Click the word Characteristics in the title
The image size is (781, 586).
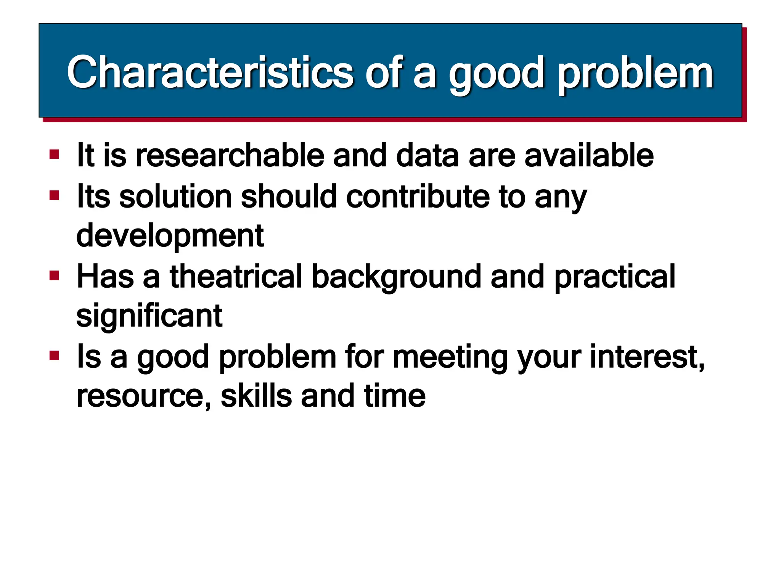[210, 72]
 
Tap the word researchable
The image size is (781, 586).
[230, 155]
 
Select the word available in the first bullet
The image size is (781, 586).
[589, 155]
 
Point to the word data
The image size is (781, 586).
[427, 155]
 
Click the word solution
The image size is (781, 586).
[175, 196]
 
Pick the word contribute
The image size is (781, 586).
[418, 196]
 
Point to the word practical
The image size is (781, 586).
[614, 277]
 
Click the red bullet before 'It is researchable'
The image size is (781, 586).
[55, 155]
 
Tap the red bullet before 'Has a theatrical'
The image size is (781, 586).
[55, 275]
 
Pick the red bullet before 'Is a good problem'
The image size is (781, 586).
[55, 356]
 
